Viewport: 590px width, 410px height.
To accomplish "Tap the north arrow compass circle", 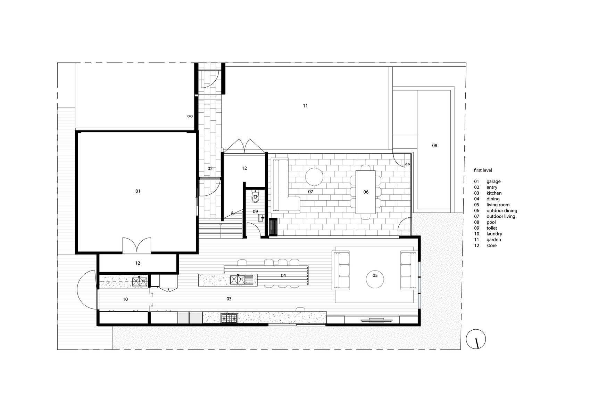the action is [x=476, y=339].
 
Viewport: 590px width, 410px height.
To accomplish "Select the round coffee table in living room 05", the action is [x=375, y=279].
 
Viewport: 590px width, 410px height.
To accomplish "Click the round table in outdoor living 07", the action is [x=314, y=177].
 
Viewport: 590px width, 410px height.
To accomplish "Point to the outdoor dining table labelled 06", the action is [x=366, y=192].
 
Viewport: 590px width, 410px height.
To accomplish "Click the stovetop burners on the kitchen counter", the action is [x=229, y=319].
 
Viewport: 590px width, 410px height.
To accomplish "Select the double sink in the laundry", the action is [x=140, y=282].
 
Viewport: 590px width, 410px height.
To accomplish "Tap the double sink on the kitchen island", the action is [x=238, y=280].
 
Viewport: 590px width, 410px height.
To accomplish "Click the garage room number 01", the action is [x=138, y=191].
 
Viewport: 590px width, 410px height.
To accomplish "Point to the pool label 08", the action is [x=434, y=145].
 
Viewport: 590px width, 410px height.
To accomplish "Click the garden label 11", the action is [x=305, y=106].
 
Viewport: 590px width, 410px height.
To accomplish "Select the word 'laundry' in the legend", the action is [x=495, y=234].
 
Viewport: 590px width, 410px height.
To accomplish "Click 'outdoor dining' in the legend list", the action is [x=502, y=210].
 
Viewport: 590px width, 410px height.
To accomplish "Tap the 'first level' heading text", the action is [x=483, y=170].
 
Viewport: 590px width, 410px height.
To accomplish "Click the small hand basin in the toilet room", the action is [x=261, y=218].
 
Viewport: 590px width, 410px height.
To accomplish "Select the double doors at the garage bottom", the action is [x=137, y=246].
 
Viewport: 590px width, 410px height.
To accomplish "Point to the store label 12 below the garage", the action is [x=138, y=263].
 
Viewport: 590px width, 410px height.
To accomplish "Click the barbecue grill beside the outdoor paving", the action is [x=273, y=227].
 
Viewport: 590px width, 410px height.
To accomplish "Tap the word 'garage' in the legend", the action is [x=493, y=182].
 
